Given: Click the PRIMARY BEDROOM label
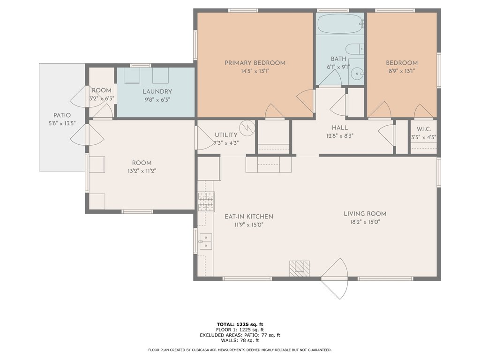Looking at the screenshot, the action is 255,63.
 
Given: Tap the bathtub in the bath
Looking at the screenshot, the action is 340,23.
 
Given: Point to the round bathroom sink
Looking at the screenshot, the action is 357,74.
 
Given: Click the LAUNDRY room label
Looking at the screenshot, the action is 157,91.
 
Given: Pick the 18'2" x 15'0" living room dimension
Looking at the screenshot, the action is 365,222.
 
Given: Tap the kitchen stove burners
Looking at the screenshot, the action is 206,202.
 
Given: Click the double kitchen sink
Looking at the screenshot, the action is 206,241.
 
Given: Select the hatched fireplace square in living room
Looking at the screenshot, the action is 300,269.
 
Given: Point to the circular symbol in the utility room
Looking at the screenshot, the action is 247,128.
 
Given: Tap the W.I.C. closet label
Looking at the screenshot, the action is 424,129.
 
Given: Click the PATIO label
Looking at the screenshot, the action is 62,115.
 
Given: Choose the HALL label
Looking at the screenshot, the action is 340,127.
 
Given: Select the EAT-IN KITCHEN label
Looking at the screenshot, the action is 249,217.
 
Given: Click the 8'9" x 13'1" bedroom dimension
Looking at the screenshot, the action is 402,71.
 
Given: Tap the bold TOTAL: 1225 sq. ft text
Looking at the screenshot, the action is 240,324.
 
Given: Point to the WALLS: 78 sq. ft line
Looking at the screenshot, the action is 240,340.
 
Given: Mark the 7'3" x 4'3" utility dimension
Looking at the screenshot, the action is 226,143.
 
